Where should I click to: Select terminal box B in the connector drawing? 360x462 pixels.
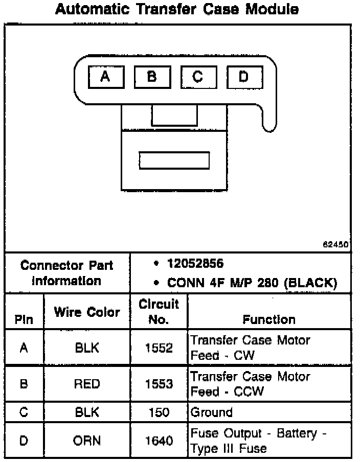pos(152,78)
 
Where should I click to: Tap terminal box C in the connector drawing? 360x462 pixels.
pos(198,78)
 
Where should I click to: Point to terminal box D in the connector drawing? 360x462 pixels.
pos(244,78)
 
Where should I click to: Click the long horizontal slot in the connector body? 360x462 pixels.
pos(174,160)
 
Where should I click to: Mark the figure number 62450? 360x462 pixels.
pos(335,245)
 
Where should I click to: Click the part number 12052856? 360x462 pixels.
pos(195,264)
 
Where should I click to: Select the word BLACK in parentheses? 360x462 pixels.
pos(311,283)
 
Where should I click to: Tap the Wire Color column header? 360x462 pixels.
pos(87,312)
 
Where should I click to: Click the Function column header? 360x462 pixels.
pos(269,319)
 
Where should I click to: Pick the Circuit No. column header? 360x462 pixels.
pos(159,312)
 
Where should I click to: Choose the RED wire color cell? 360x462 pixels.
pos(87,384)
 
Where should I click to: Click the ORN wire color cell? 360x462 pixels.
pos(87,441)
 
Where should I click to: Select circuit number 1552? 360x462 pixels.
pos(159,348)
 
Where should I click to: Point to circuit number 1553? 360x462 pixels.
pos(159,384)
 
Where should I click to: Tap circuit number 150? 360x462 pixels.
pos(159,412)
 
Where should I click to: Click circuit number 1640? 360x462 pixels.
pos(159,441)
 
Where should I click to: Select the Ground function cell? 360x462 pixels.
pos(211,412)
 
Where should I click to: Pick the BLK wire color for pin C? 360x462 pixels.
pos(87,412)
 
